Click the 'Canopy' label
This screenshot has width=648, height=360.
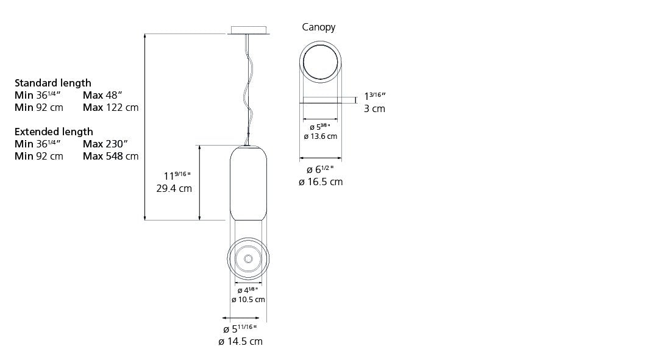(x=318, y=27)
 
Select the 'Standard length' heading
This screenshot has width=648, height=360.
(x=53, y=83)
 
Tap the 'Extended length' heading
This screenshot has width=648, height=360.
(x=54, y=132)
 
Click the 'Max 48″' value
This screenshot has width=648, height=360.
(x=102, y=95)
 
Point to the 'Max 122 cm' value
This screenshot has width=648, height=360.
(x=111, y=107)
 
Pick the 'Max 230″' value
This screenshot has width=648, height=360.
(x=105, y=144)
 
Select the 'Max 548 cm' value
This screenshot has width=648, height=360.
(x=111, y=156)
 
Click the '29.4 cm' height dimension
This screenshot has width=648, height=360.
(x=174, y=189)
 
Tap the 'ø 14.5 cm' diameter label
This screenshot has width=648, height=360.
(x=241, y=342)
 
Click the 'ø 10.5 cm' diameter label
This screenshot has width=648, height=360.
(x=248, y=300)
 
